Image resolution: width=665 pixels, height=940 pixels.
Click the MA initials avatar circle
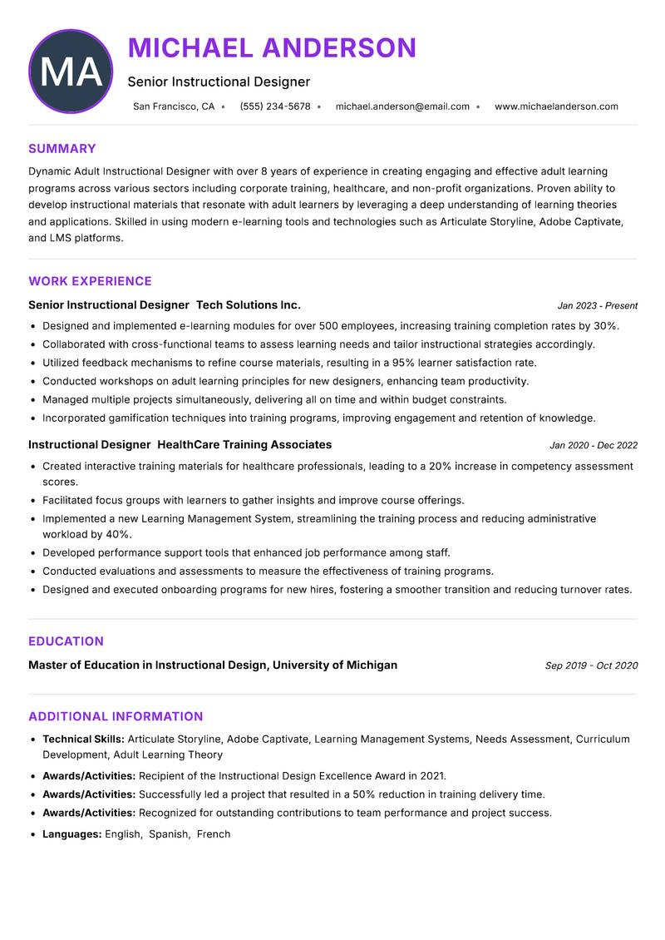pyautogui.click(x=71, y=72)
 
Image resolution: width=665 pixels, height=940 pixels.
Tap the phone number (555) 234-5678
pyautogui.click(x=275, y=106)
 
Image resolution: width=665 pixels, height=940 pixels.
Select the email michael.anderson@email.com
pyautogui.click(x=402, y=106)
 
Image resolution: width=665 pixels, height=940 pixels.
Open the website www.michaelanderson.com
pyautogui.click(x=556, y=106)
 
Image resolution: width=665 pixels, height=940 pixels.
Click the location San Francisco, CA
pyautogui.click(x=174, y=106)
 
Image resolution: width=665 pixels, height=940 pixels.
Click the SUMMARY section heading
pyautogui.click(x=62, y=149)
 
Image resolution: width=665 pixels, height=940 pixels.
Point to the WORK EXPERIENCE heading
pyautogui.click(x=90, y=281)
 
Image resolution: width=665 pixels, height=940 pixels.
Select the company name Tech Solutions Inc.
pyautogui.click(x=249, y=305)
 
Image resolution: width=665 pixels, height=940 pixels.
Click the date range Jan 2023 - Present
pyautogui.click(x=597, y=306)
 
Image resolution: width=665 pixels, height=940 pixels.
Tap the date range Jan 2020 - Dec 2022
pyautogui.click(x=594, y=446)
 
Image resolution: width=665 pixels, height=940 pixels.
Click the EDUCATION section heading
pyautogui.click(x=66, y=641)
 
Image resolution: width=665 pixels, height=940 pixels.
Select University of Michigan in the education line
pyautogui.click(x=335, y=665)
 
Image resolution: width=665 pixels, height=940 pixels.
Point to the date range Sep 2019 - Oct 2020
pyautogui.click(x=591, y=665)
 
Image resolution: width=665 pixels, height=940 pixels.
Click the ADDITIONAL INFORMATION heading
pyautogui.click(x=116, y=716)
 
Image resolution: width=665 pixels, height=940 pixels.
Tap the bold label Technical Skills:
pyautogui.click(x=83, y=739)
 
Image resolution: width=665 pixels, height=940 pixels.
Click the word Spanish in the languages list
pyautogui.click(x=169, y=834)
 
